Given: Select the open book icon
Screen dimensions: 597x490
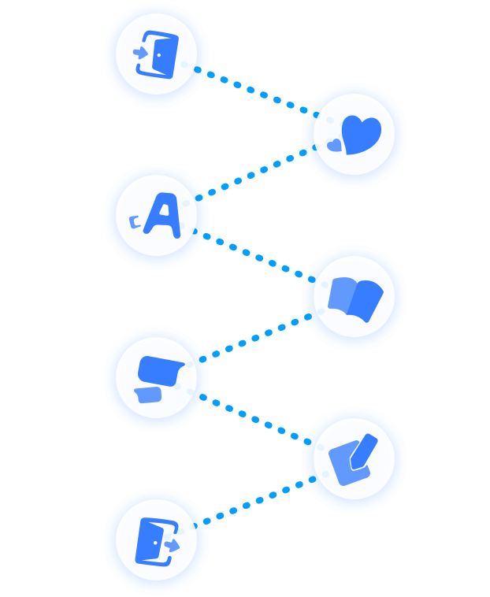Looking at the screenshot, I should tap(355, 297).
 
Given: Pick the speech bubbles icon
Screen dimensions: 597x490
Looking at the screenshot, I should tap(158, 377).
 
